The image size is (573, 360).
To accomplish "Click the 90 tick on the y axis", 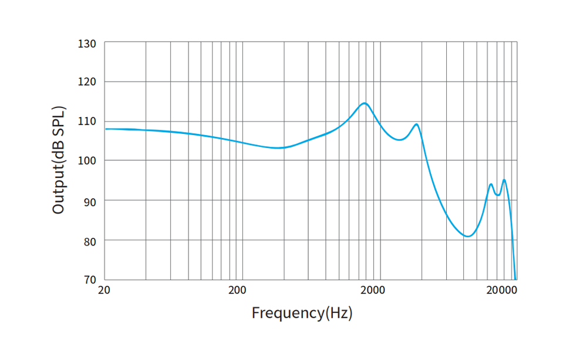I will (x=90, y=200).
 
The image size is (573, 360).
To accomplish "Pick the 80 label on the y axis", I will (x=90, y=240).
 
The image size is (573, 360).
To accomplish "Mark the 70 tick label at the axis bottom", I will (x=90, y=280).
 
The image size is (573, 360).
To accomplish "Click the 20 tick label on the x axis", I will (x=105, y=291).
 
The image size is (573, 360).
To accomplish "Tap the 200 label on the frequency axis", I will (x=237, y=291).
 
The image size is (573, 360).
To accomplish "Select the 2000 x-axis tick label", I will (x=373, y=291).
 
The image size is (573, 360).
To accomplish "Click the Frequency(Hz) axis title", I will (x=302, y=313).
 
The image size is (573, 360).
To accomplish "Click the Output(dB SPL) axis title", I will (x=59, y=160).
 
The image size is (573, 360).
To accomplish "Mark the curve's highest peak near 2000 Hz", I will (x=365, y=103).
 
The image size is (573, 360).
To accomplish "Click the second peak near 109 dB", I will (x=416, y=124).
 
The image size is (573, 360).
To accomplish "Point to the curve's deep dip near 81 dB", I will (x=467, y=236).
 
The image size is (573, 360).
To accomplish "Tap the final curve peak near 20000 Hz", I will (x=504, y=180).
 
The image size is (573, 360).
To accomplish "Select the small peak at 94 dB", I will (x=491, y=184).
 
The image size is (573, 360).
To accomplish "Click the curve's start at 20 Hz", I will (x=106, y=129).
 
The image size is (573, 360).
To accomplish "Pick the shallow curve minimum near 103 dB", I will (x=279, y=148).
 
